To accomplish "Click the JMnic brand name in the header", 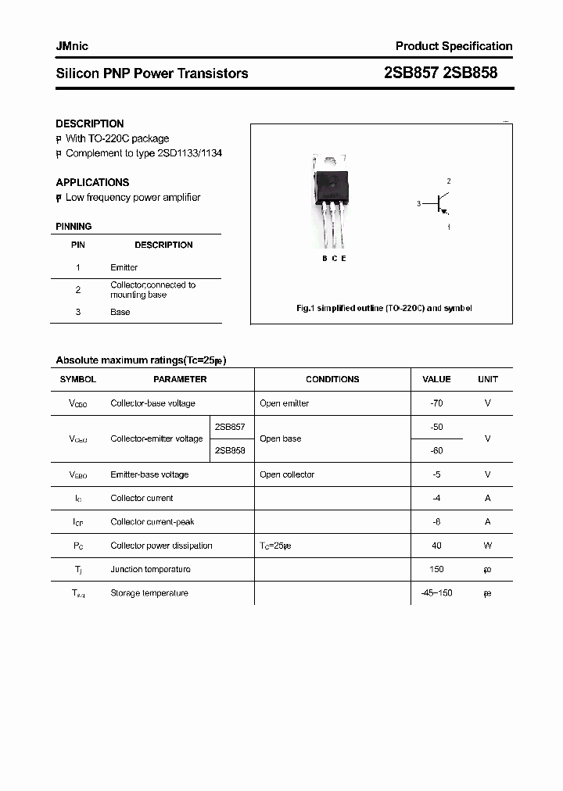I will pyautogui.click(x=72, y=46).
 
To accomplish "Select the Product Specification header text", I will pyautogui.click(x=454, y=46).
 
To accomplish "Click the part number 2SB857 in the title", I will pyautogui.click(x=411, y=73).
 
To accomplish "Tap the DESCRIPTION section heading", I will pyautogui.click(x=89, y=123).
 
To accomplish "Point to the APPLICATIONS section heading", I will pyautogui.click(x=92, y=182).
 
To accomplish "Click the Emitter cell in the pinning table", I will pyautogui.click(x=124, y=267).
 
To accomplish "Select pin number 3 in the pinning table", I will pyautogui.click(x=78, y=312).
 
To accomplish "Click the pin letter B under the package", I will pyautogui.click(x=325, y=259).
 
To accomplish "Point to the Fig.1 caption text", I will pyautogui.click(x=384, y=308).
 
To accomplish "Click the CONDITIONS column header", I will pyautogui.click(x=332, y=379).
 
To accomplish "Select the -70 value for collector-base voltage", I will pyautogui.click(x=436, y=403).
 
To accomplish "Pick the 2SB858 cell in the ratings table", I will pyautogui.click(x=229, y=450).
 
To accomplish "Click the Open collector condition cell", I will pyautogui.click(x=287, y=474).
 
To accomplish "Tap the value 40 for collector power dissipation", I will pyautogui.click(x=436, y=546).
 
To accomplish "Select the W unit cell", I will pyautogui.click(x=487, y=546).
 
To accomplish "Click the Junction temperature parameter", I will pyautogui.click(x=150, y=569).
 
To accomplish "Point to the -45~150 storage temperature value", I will pyautogui.click(x=436, y=592).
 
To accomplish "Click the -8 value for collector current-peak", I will pyautogui.click(x=436, y=521).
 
